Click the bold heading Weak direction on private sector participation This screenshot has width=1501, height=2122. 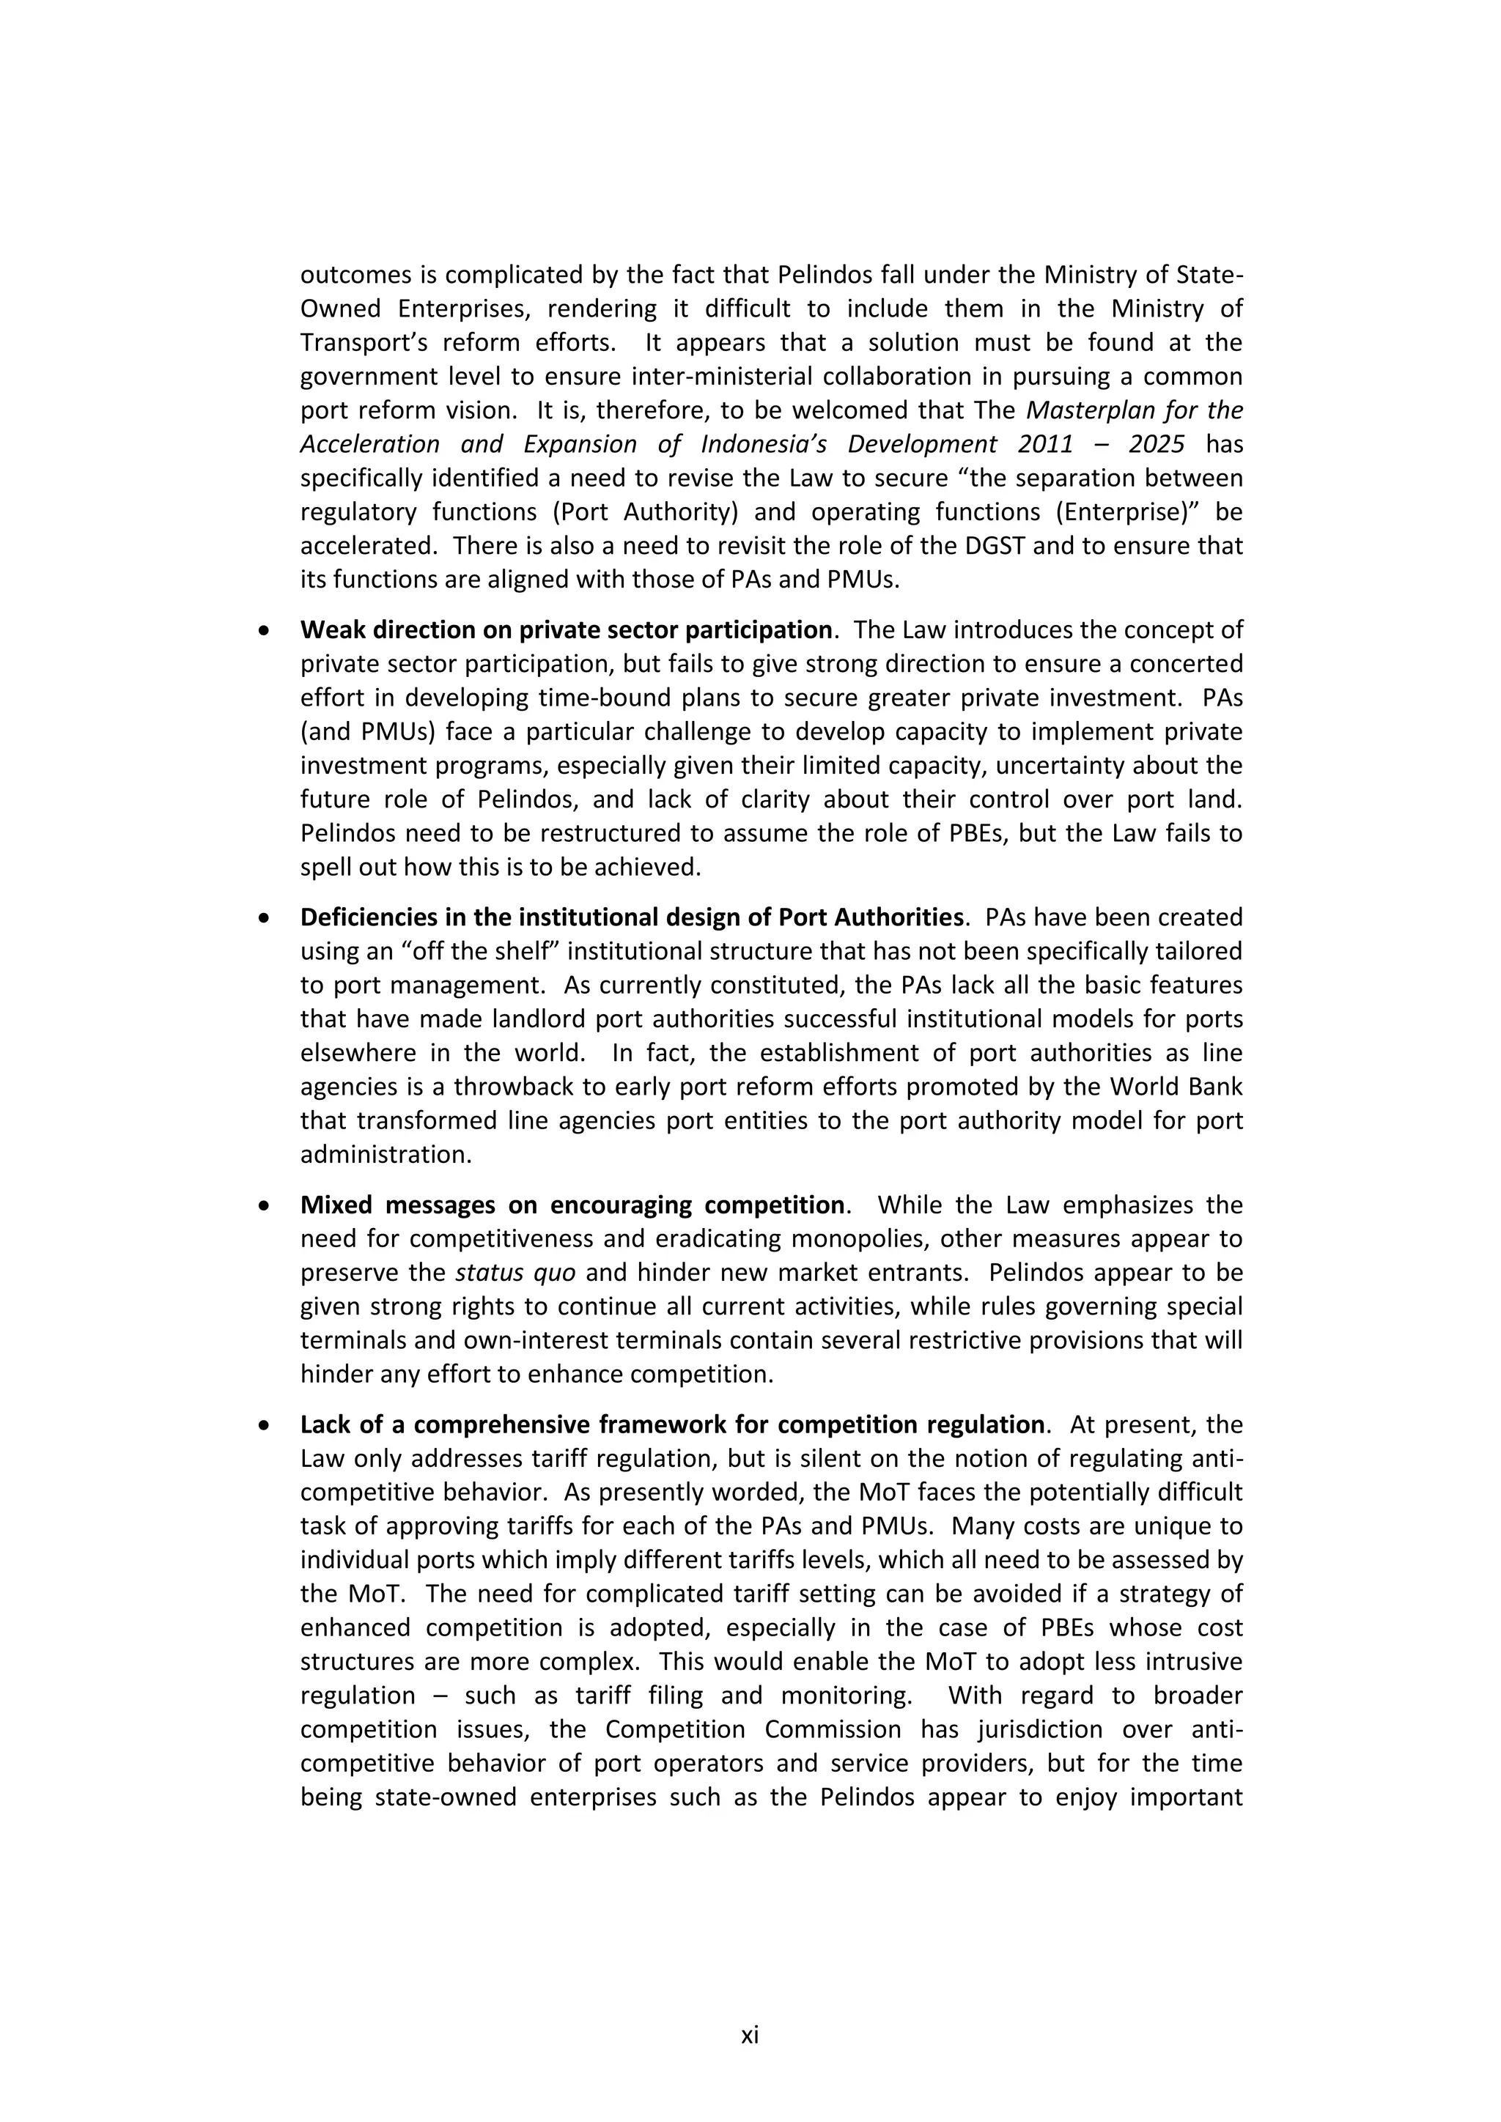click(x=566, y=630)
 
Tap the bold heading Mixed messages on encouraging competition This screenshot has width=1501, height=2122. click(x=572, y=1205)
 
